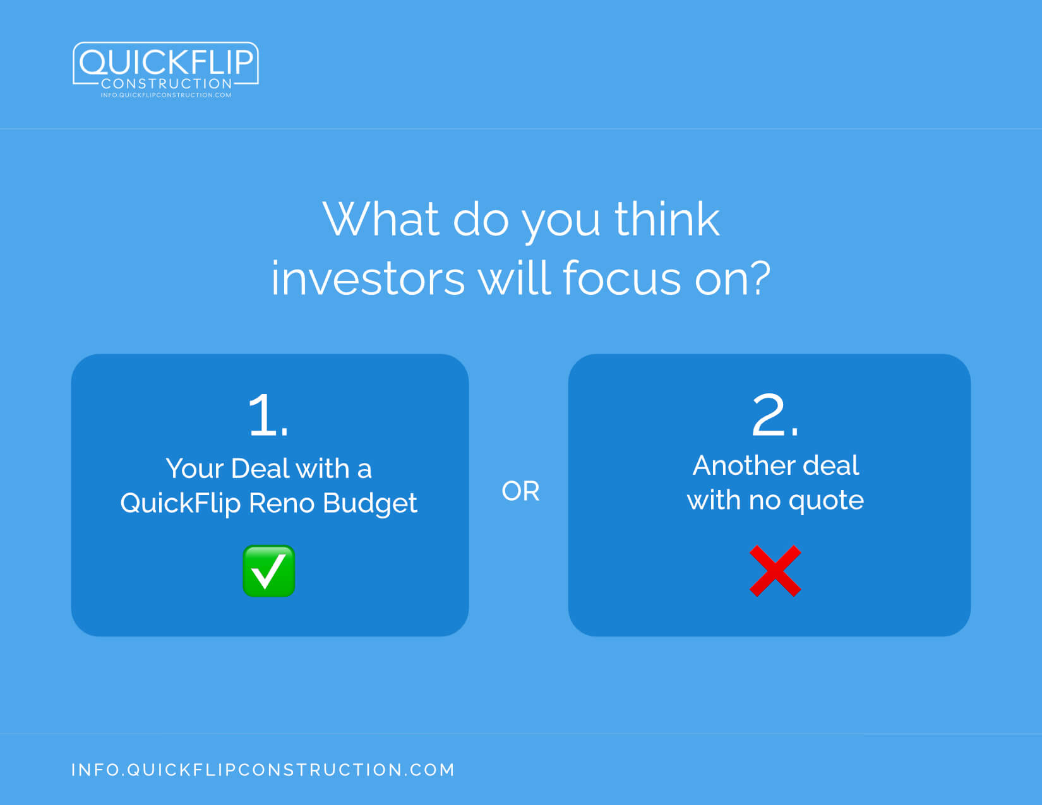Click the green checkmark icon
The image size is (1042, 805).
(268, 571)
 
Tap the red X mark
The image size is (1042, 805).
(776, 571)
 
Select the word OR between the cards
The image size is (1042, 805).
(520, 491)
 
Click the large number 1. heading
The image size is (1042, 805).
(268, 415)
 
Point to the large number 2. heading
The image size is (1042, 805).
(775, 415)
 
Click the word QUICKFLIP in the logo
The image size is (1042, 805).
(166, 62)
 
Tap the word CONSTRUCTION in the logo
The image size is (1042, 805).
(166, 84)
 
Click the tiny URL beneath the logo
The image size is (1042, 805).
(166, 95)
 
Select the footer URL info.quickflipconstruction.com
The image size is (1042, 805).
(263, 770)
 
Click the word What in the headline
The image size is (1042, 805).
(381, 219)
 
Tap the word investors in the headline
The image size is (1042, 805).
(368, 278)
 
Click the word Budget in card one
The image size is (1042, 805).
(369, 504)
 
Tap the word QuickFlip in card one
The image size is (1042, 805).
(181, 504)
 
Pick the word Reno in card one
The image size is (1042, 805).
(282, 503)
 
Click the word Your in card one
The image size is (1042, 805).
(195, 468)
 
